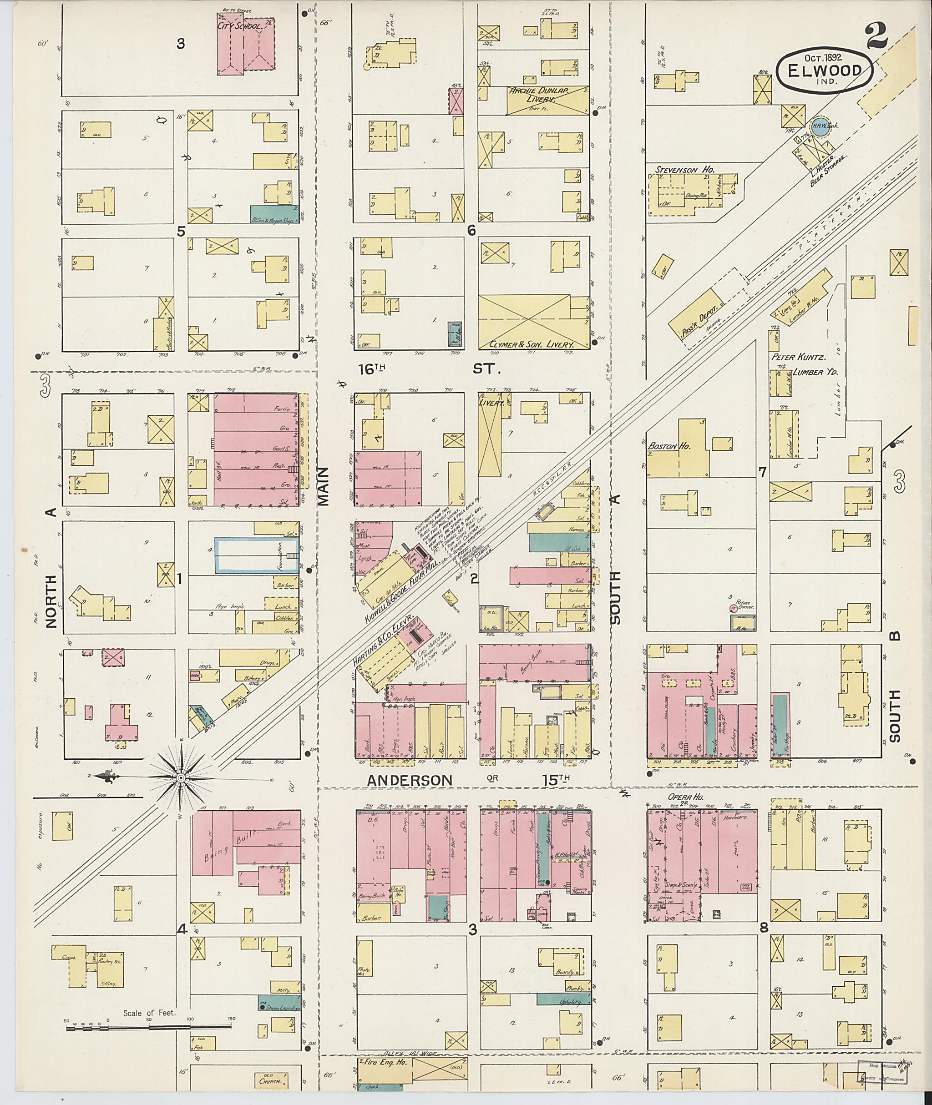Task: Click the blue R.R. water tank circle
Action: point(819,129)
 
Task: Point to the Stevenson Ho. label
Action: point(685,170)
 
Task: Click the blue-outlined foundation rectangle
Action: point(256,555)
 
